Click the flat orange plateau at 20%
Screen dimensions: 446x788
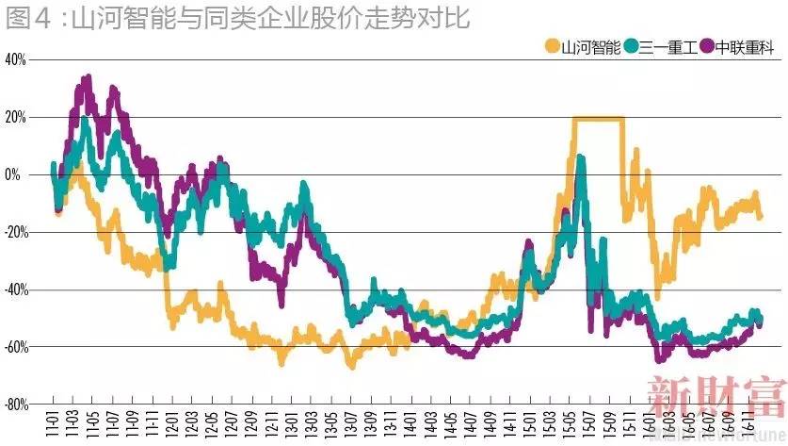coord(598,118)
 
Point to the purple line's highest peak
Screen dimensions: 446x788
coord(87,78)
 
